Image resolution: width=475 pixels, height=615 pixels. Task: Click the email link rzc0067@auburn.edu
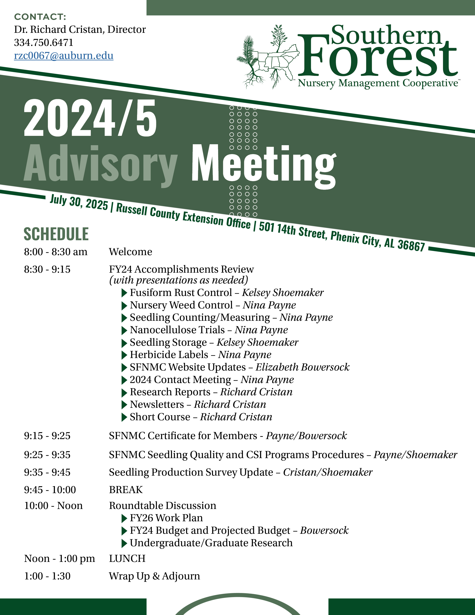pyautogui.click(x=64, y=56)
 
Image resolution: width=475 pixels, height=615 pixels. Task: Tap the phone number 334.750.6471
pyautogui.click(x=44, y=42)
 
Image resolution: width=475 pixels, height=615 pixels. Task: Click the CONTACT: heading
pyautogui.click(x=40, y=17)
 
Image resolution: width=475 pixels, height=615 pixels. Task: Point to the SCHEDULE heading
pyautogui.click(x=56, y=234)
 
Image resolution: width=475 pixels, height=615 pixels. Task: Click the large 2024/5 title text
pyautogui.click(x=90, y=118)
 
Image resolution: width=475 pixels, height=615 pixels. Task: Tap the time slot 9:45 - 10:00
pyautogui.click(x=50, y=490)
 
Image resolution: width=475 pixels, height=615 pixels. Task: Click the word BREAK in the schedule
pyautogui.click(x=126, y=490)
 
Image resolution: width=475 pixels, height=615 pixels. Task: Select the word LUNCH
pyautogui.click(x=127, y=558)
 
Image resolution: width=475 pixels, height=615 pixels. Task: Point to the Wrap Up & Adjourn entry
pyautogui.click(x=154, y=576)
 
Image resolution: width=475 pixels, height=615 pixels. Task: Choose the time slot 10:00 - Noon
pyautogui.click(x=53, y=505)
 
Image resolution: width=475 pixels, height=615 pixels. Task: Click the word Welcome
pyautogui.click(x=131, y=252)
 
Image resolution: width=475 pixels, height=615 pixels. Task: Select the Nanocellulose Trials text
pyautogui.click(x=177, y=330)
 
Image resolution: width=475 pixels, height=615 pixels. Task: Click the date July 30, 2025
pyautogui.click(x=79, y=203)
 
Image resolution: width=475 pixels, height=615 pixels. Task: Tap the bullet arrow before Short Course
pyautogui.click(x=124, y=417)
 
